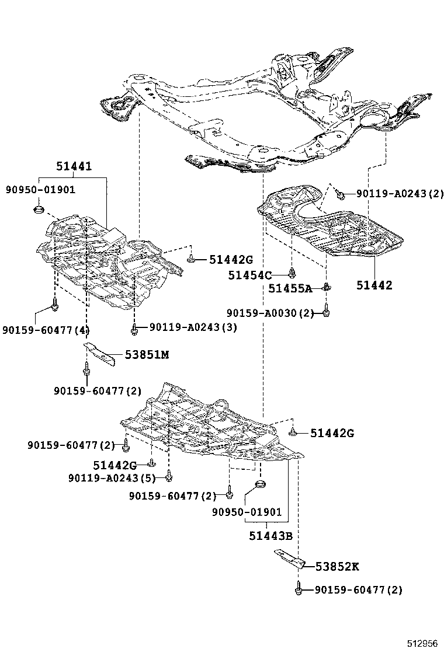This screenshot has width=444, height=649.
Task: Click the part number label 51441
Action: coord(74,167)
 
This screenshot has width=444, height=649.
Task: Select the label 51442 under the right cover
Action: coord(374,285)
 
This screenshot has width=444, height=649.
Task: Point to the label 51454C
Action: coord(250,275)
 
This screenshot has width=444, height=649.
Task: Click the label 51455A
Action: coord(290,288)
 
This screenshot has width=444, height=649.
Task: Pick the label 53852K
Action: coord(337,566)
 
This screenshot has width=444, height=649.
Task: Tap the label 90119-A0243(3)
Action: coord(193,327)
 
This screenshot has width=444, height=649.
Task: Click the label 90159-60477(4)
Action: coord(45,330)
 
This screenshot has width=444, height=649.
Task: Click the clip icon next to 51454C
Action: coord(292,272)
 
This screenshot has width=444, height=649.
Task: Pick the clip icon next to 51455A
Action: coord(327,287)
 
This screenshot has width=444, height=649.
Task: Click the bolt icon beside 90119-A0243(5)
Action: coord(169,477)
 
